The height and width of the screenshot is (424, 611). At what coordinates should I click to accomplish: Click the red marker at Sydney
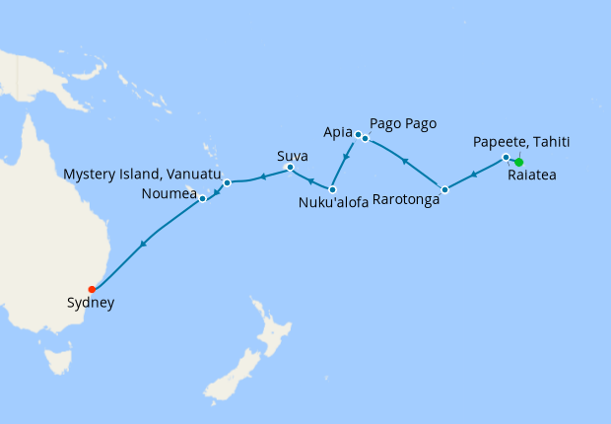pos(92,289)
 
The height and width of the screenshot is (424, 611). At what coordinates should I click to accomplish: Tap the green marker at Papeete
pos(518,163)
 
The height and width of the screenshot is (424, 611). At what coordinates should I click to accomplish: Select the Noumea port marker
pos(202,198)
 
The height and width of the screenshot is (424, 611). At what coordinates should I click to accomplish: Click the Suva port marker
pos(290,168)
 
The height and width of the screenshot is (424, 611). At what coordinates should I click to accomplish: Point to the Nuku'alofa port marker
pos(332,189)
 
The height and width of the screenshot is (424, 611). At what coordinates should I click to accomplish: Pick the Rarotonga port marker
pos(444,188)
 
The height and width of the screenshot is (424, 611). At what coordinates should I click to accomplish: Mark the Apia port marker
pos(358,135)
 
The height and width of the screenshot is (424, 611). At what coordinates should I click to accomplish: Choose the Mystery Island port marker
pos(227,182)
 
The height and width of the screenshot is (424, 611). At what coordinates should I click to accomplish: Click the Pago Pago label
pos(402,124)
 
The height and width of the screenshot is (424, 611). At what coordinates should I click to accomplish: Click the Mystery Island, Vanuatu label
pos(137,174)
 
